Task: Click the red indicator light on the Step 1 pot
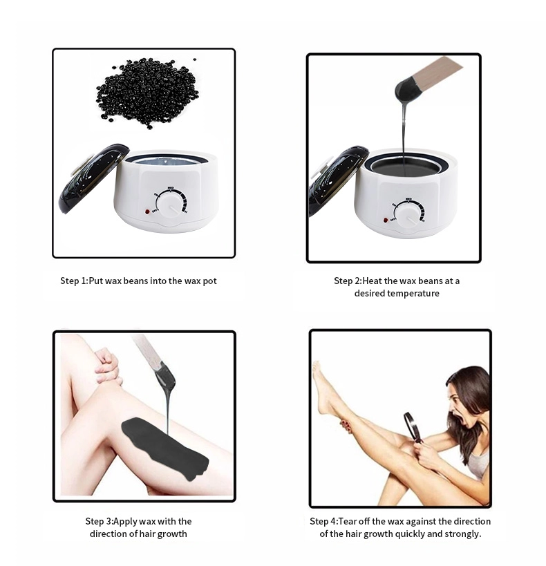[x=147, y=212]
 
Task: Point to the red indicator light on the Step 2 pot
[x=382, y=220]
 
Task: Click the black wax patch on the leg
[x=164, y=444]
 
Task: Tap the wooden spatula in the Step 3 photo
[x=149, y=352]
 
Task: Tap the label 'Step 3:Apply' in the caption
[x=112, y=521]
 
